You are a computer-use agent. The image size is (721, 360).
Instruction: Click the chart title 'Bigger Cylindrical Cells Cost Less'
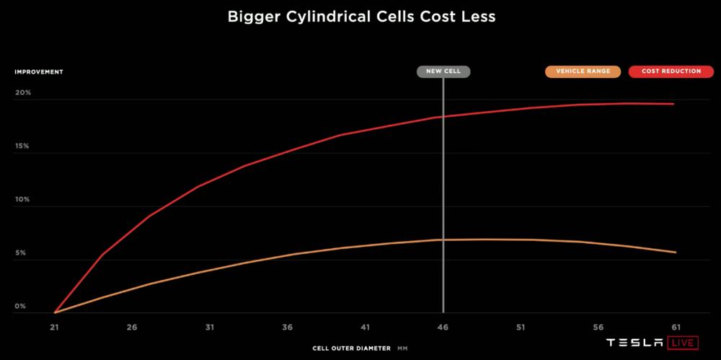point(361,17)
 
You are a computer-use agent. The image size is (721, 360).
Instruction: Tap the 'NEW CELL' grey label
point(443,71)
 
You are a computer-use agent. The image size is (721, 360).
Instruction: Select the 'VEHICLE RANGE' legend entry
point(583,71)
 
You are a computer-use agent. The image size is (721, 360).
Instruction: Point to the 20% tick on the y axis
point(22,92)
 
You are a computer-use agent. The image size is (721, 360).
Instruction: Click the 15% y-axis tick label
point(22,146)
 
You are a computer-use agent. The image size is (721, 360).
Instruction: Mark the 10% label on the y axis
point(22,199)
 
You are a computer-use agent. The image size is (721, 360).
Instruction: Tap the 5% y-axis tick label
point(21,253)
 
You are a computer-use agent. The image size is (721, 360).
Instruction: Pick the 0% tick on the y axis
point(21,307)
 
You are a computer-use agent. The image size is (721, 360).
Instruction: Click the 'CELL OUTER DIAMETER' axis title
point(351,348)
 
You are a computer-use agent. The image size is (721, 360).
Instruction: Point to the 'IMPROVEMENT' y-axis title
point(39,72)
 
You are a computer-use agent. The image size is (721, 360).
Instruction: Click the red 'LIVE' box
point(684,343)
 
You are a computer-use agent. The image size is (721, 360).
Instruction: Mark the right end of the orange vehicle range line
point(676,253)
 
